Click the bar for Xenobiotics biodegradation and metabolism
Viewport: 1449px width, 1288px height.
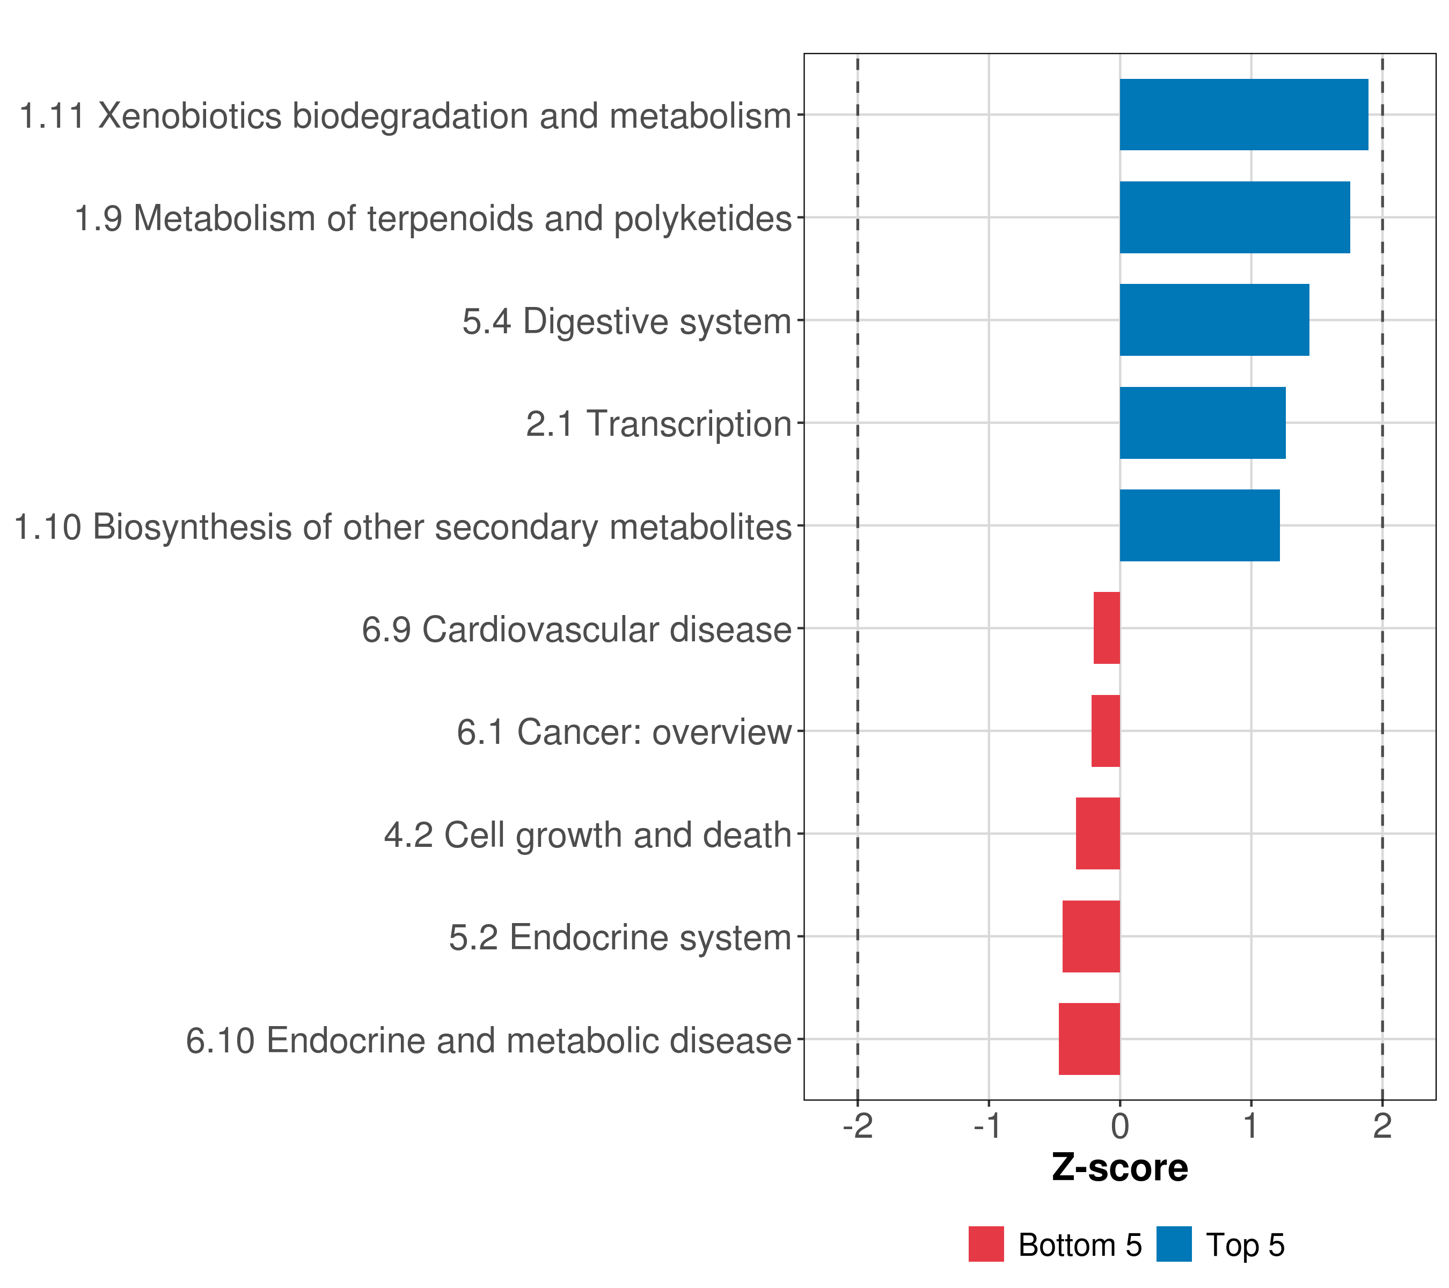point(1243,115)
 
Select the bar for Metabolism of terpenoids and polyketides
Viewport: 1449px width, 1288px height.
point(1234,218)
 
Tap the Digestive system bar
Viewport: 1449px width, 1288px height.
point(1213,320)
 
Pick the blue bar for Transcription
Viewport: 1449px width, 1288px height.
point(1202,423)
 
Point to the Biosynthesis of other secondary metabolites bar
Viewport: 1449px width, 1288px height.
point(1199,525)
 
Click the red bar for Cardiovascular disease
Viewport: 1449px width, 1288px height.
point(1107,628)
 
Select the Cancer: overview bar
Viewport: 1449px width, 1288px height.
point(1105,731)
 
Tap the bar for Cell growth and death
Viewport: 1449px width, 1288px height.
point(1097,833)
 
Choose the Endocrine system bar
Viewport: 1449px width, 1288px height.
point(1091,936)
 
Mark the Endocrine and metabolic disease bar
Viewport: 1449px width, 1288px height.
point(1089,1039)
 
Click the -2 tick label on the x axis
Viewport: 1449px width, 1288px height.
point(858,1126)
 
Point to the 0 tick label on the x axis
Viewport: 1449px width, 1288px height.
point(1120,1126)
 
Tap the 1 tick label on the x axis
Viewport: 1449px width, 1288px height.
point(1251,1126)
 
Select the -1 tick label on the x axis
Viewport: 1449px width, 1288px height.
point(988,1126)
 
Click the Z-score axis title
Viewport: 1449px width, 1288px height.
point(1120,1168)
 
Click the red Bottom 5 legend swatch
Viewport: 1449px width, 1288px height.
point(986,1244)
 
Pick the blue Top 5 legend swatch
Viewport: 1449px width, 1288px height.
point(1174,1244)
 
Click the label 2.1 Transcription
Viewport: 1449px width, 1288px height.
point(658,424)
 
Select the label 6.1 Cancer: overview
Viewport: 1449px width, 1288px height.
point(624,732)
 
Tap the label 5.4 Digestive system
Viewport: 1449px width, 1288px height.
point(627,321)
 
